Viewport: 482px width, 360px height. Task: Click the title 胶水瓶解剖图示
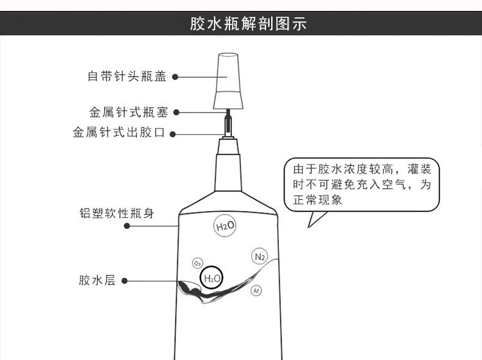[248, 24]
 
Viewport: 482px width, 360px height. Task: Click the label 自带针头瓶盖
[127, 76]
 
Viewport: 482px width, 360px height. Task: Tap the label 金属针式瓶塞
[129, 113]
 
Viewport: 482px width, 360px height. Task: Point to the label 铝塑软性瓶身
[121, 213]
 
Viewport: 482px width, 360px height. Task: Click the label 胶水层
[96, 280]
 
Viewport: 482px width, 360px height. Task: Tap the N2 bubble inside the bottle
[259, 257]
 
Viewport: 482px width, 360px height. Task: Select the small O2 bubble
[197, 264]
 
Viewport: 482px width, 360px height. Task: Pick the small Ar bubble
[256, 291]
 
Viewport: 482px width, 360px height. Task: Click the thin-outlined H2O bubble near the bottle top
[225, 226]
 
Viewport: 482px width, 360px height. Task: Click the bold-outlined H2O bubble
[211, 278]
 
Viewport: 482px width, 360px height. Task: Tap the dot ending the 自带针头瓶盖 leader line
[175, 76]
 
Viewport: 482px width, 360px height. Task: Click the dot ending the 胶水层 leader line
[124, 281]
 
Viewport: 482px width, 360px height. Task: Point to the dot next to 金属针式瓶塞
[176, 113]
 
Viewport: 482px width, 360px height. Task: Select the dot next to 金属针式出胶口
[174, 134]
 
